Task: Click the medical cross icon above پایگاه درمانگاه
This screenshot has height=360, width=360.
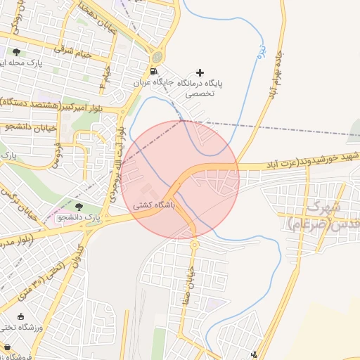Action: coord(200,72)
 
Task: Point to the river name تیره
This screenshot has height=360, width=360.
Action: coord(260,51)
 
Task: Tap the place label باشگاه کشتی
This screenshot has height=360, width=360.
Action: coord(153,207)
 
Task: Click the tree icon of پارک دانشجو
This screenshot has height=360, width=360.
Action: coord(79,206)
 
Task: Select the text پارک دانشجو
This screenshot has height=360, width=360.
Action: coord(81,219)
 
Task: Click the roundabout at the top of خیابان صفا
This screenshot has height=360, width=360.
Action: coord(195,244)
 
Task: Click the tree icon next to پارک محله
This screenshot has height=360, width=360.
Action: coord(16,52)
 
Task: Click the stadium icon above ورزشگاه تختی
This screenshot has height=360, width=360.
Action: coord(20,316)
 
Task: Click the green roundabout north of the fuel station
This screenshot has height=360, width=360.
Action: coord(157,56)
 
